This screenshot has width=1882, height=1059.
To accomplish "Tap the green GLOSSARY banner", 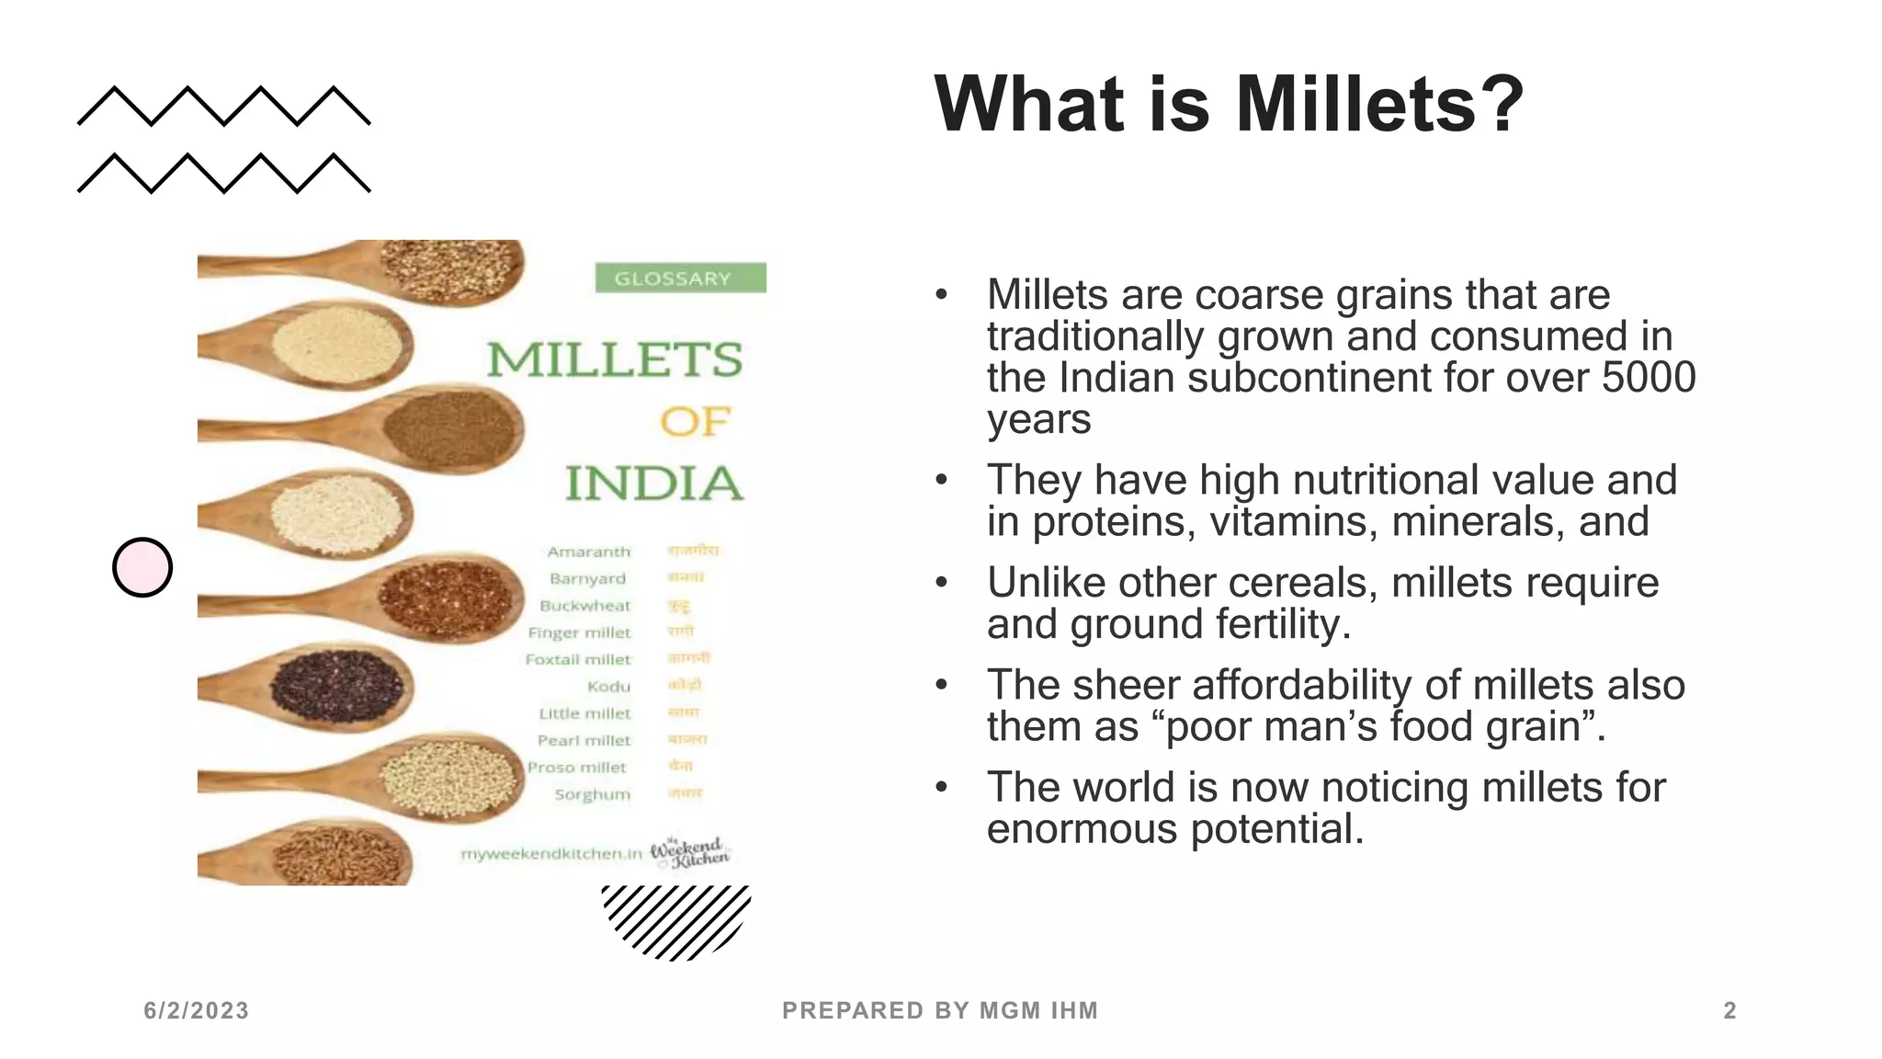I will (680, 278).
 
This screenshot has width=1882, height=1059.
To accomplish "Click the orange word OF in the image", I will (695, 422).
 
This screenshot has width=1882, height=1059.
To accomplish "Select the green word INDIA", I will (653, 484).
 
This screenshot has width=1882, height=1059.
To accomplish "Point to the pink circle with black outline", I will (142, 567).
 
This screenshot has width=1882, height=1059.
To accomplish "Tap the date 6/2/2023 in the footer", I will (196, 1010).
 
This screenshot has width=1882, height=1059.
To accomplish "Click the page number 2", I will (1729, 1010).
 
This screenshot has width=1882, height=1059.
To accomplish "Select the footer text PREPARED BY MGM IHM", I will (940, 1010).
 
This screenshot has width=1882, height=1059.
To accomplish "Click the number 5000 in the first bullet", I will (1649, 378).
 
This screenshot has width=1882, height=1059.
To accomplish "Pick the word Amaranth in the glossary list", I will (589, 552).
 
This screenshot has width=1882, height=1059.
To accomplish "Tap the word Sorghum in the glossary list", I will (593, 794).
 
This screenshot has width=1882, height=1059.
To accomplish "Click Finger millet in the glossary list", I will (580, 632).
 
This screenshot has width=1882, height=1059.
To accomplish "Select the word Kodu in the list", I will (609, 687).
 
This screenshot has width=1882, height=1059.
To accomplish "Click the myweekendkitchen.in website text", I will (551, 854).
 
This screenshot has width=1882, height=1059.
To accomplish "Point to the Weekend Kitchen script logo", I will (690, 853).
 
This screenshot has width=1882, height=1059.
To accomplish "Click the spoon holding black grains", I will (336, 686).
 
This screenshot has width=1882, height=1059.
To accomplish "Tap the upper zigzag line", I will (224, 106).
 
